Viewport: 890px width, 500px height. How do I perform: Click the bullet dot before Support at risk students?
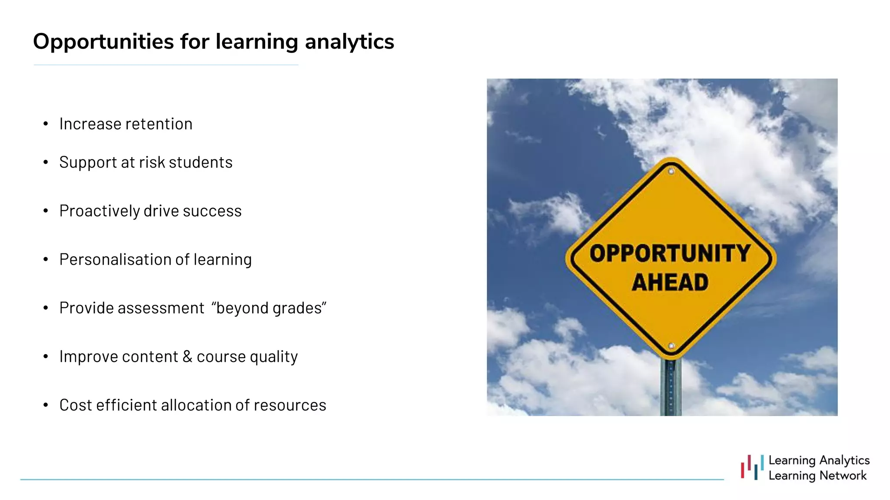coord(46,163)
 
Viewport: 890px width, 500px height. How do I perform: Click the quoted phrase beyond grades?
coord(269,308)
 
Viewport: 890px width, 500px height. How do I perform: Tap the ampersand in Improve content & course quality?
coord(187,356)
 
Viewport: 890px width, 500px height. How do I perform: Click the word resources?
coord(290,405)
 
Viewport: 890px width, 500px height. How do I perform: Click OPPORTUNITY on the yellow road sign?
coord(670,253)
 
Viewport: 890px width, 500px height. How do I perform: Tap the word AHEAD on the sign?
coord(670,283)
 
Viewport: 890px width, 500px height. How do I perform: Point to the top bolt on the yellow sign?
coord(671,171)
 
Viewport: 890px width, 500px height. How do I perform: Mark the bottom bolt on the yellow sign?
coord(671,346)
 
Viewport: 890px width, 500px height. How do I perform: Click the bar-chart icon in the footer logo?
coord(752,467)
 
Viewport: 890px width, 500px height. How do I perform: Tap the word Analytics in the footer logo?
coord(844,460)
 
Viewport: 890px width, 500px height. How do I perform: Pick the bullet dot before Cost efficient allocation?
coord(46,405)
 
